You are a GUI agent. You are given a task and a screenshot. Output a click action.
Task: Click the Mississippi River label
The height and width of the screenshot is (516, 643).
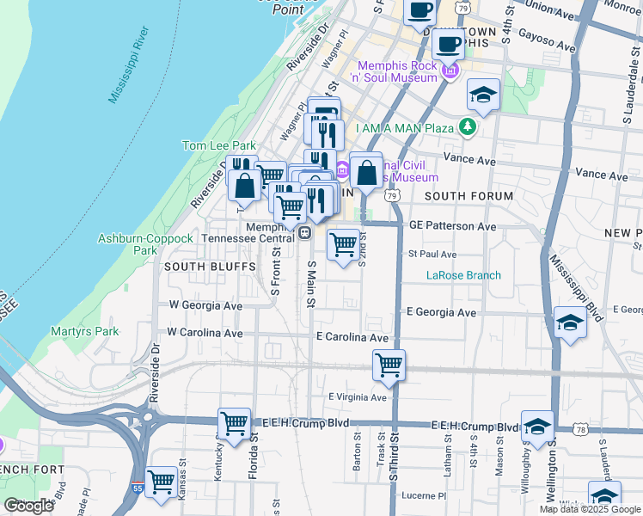pos(130,70)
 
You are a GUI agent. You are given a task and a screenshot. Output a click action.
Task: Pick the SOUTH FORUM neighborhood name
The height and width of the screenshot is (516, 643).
pos(468,196)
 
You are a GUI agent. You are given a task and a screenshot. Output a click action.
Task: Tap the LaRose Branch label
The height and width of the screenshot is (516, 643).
pos(464,276)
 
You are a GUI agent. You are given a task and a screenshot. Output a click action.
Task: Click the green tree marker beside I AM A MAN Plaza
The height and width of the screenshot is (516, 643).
pos(467,128)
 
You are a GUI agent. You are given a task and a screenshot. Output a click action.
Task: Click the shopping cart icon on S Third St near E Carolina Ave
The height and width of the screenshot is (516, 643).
pos(389,365)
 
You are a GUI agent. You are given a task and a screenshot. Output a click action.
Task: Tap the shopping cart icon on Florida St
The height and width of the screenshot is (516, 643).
pos(235,423)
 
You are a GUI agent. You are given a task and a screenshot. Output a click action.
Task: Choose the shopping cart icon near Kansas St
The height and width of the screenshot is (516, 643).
pos(161,482)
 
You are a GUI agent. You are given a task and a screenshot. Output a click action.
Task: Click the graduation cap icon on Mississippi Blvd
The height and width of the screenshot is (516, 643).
pos(570,322)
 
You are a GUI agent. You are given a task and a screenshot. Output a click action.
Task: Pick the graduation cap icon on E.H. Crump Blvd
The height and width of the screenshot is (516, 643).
pos(537,427)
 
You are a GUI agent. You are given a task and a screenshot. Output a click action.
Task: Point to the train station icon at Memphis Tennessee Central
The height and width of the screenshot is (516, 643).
pos(304,232)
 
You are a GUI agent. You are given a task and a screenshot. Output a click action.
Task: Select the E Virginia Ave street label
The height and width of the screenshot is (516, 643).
pos(358,396)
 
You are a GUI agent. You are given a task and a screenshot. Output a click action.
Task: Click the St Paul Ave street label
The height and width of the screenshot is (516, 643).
pos(432,255)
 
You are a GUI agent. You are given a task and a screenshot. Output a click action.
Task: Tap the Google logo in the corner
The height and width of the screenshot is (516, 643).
pos(28,506)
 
